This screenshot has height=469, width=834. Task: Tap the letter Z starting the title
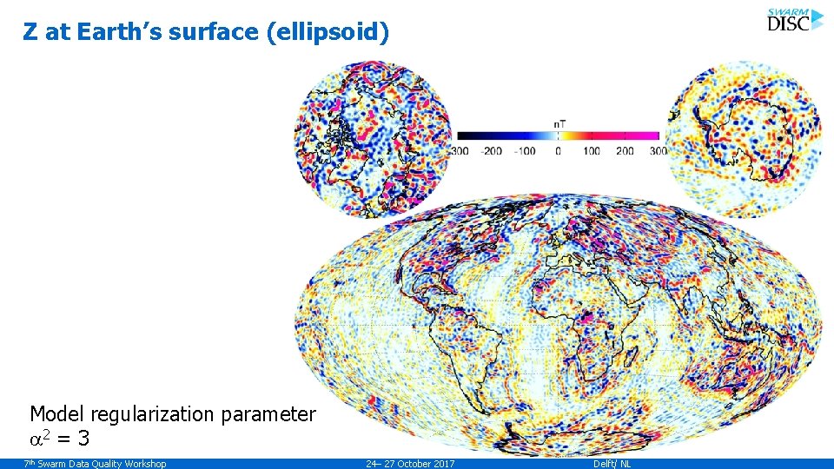click(30, 33)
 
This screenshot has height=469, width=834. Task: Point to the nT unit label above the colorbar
click(560, 123)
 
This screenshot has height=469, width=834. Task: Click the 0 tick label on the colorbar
click(558, 151)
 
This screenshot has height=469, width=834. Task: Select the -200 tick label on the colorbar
click(493, 151)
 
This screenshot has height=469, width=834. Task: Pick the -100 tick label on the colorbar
click(525, 151)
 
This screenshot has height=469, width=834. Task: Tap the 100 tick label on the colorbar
click(592, 151)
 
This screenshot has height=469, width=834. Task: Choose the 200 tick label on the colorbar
click(625, 151)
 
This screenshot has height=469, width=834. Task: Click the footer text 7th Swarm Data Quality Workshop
click(95, 464)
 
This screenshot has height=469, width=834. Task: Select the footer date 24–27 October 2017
click(410, 464)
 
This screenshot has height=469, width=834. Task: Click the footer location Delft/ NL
click(612, 464)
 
